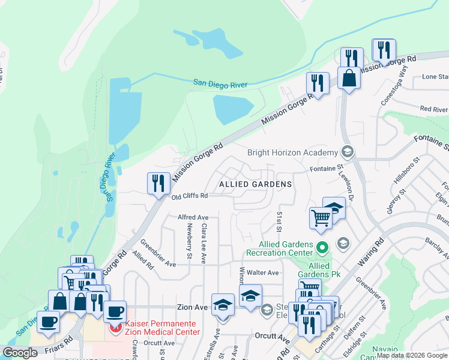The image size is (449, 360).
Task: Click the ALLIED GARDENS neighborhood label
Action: click(255, 184)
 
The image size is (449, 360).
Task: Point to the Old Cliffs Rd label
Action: click(190, 196)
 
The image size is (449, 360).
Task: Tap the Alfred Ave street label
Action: click(193, 217)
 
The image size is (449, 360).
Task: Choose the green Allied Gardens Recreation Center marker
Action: click(322, 247)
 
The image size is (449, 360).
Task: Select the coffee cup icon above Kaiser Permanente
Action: click(115, 311)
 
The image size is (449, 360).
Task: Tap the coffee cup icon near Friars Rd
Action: click(48, 321)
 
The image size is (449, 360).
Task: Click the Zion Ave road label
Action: click(192, 307)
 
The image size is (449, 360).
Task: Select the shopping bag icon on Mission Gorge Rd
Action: click(349, 77)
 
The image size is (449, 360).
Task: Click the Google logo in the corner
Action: click(20, 353)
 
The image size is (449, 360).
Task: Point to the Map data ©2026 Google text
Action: click(412, 355)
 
